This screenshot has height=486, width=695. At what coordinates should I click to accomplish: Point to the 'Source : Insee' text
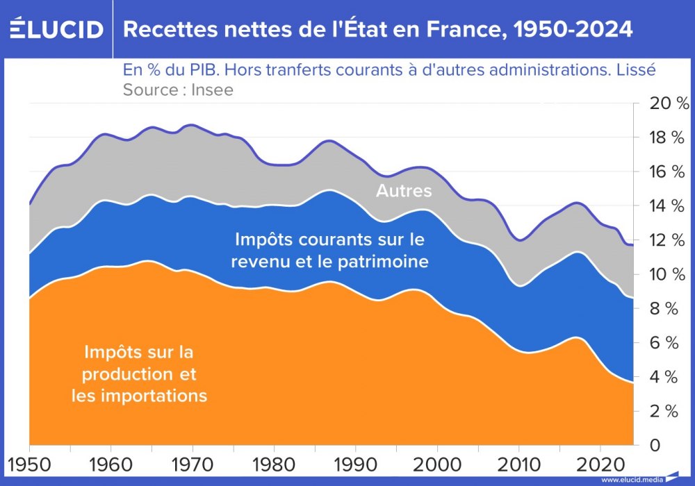[178, 90]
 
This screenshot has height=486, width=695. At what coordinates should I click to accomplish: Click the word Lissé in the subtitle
[637, 71]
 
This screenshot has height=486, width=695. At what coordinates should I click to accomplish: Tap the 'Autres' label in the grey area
[404, 191]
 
